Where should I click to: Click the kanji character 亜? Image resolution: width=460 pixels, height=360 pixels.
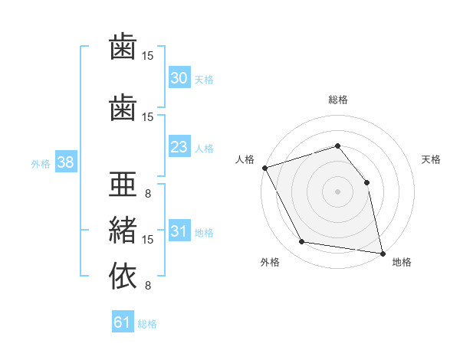point(123,184)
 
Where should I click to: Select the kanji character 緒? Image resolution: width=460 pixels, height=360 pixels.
point(123,230)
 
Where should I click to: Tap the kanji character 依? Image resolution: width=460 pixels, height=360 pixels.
point(123,276)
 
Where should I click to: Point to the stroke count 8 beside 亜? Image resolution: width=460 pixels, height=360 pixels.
point(148,194)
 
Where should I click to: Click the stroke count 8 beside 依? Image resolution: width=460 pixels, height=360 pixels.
point(148,285)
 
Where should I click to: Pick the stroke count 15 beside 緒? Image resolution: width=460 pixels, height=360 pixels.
point(147,240)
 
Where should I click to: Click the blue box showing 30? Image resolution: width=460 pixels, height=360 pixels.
point(179,77)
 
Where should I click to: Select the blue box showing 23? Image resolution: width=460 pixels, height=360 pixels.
point(179,146)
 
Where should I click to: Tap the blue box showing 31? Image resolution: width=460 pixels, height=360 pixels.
point(179,230)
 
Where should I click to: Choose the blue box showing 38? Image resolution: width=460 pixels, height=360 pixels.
point(66,162)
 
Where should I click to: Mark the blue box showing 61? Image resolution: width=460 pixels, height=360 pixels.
point(123,321)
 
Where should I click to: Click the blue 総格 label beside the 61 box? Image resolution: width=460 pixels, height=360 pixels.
point(147,324)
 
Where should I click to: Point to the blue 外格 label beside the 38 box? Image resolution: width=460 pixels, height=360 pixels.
point(41,164)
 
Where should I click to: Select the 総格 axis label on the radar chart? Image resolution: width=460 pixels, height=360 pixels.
point(338,100)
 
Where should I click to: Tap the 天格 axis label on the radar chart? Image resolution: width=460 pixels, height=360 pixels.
point(431,159)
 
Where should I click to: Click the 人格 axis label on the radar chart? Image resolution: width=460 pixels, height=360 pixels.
point(245,159)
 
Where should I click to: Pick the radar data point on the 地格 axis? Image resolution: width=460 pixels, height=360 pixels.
point(383,254)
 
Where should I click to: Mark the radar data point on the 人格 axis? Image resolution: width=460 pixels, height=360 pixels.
point(265,168)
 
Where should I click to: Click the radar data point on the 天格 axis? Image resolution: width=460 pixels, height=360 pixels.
point(366,182)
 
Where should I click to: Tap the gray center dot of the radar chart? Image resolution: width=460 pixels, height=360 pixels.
point(337,191)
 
